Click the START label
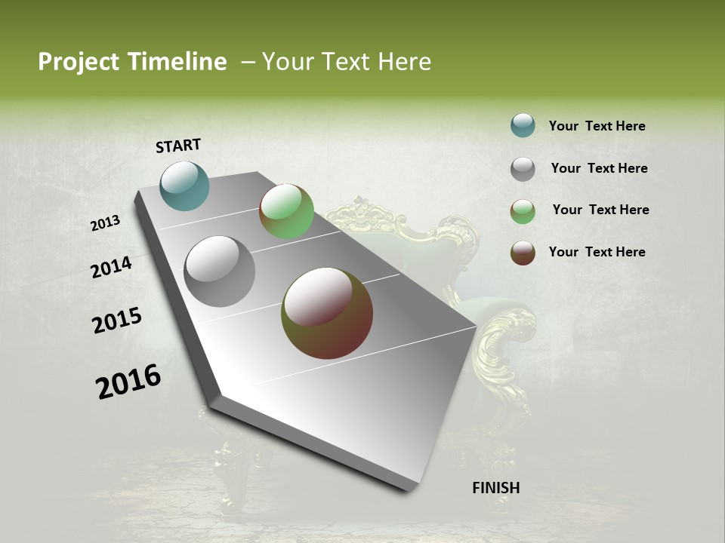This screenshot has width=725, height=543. (x=178, y=146)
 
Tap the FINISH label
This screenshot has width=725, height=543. (x=495, y=488)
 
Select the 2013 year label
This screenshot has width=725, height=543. (x=106, y=223)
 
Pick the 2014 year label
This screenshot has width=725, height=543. (x=111, y=268)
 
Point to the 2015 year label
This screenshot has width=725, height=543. (x=117, y=321)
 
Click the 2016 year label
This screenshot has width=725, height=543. (x=128, y=382)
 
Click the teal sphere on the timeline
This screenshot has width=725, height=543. (x=185, y=186)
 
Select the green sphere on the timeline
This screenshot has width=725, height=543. (x=286, y=211)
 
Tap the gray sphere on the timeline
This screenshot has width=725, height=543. (x=220, y=271)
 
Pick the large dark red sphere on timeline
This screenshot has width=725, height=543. (x=327, y=313)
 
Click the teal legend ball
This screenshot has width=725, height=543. (x=523, y=125)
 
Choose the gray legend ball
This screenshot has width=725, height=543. (x=523, y=169)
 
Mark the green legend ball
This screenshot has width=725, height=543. (x=523, y=211)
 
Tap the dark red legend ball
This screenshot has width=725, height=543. (x=523, y=253)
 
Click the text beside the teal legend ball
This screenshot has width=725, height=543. (x=597, y=126)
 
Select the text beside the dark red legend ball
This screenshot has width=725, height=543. (x=597, y=252)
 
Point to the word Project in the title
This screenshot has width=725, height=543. (x=79, y=62)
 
